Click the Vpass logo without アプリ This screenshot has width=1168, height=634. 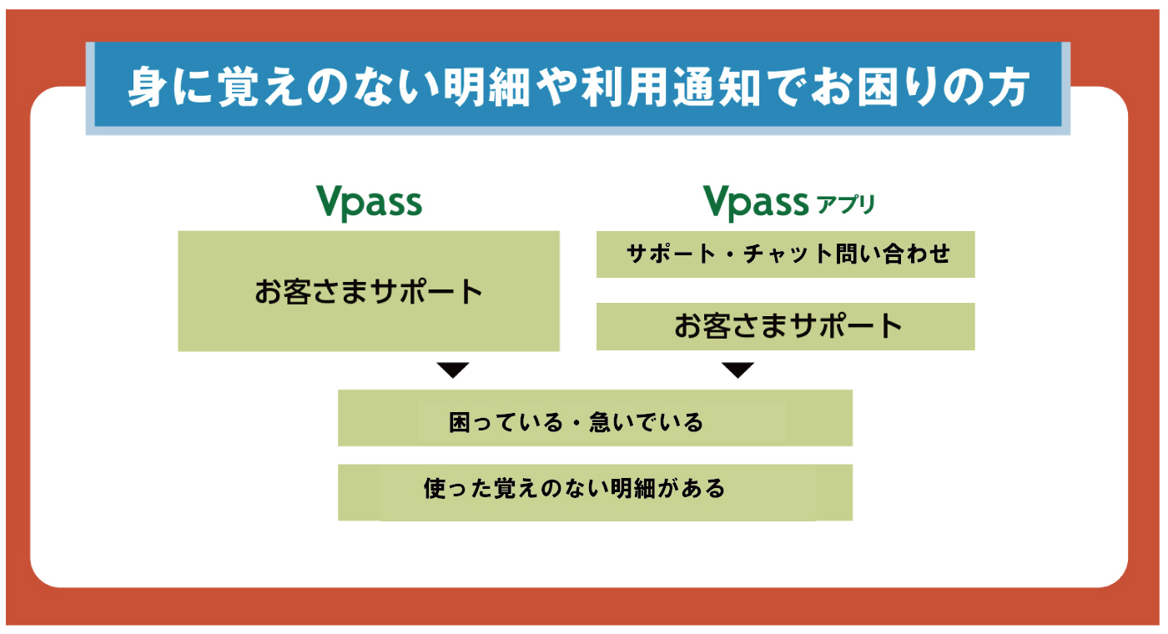[369, 203]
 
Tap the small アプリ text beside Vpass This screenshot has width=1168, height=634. [845, 204]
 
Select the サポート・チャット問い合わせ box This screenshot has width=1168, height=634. [785, 254]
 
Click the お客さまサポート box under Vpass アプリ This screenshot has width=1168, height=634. [785, 326]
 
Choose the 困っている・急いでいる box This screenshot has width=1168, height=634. [595, 418]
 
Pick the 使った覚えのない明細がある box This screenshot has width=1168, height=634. [595, 492]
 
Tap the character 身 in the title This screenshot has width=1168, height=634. [149, 87]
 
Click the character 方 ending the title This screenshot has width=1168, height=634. [1009, 87]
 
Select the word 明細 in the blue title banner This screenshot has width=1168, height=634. [487, 87]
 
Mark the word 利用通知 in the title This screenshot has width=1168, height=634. [671, 87]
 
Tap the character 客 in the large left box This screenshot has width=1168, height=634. [298, 291]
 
